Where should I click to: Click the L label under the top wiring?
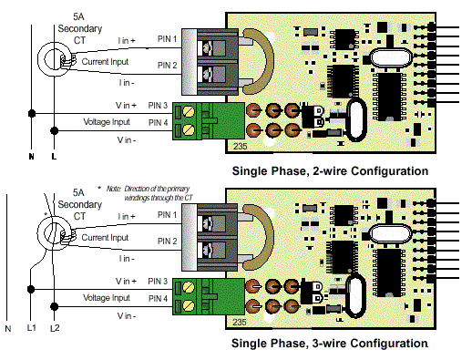coord(55,156)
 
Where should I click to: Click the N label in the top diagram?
coord(33,156)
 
